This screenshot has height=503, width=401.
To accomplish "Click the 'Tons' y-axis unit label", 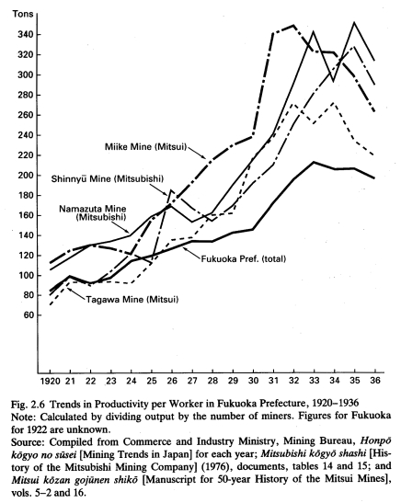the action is [x=23, y=14].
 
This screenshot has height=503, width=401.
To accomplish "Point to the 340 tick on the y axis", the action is [x=26, y=34].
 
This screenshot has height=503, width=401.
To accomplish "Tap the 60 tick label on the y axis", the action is [x=29, y=315].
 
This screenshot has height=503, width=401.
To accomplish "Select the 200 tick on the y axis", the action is [x=26, y=175].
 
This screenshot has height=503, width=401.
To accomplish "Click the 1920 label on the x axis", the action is [x=50, y=381].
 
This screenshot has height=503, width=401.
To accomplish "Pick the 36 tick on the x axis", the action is [x=374, y=381].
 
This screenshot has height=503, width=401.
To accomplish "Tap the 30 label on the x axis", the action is [x=253, y=381].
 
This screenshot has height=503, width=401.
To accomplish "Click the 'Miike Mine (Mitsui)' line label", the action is [x=145, y=147].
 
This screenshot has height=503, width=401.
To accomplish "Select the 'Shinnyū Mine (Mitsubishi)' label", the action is [x=107, y=178].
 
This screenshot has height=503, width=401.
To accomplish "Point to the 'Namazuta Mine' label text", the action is [x=92, y=209].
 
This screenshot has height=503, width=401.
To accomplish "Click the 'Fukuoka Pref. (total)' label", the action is [x=243, y=259].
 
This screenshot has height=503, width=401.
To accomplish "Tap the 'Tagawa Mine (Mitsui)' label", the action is [x=132, y=300].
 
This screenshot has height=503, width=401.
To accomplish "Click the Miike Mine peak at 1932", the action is [x=293, y=26].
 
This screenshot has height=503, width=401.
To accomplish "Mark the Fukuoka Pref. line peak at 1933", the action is [x=314, y=162].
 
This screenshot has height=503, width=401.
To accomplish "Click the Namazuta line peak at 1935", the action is [x=354, y=22].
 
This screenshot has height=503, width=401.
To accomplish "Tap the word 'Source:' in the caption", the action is [x=27, y=442].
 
